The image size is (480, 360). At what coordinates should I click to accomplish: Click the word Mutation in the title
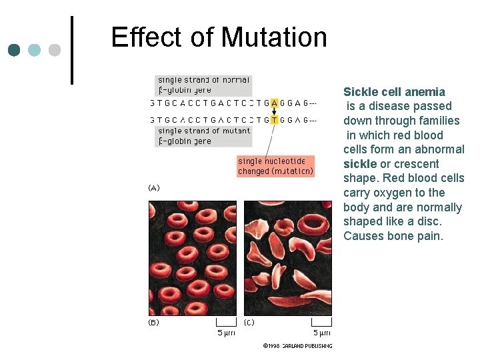pyautogui.click(x=274, y=37)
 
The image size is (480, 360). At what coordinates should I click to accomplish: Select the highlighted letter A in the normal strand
pyautogui.click(x=275, y=103)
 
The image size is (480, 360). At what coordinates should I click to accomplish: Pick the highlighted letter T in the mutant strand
pyautogui.click(x=275, y=120)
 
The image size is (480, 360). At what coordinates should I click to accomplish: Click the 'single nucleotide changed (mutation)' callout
pyautogui.click(x=275, y=166)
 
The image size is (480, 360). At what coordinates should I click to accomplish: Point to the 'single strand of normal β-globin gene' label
pyautogui.click(x=203, y=85)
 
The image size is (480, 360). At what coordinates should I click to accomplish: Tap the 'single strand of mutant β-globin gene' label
pyautogui.click(x=204, y=136)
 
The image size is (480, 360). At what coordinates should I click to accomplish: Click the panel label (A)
pyautogui.click(x=153, y=188)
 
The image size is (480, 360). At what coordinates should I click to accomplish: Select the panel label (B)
pyautogui.click(x=153, y=323)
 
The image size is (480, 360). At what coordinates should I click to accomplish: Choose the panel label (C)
pyautogui.click(x=249, y=323)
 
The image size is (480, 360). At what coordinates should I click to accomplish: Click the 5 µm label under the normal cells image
pyautogui.click(x=225, y=333)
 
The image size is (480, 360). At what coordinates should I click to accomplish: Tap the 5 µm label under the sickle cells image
pyautogui.click(x=321, y=333)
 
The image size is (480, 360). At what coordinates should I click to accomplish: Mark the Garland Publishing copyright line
pyautogui.click(x=297, y=346)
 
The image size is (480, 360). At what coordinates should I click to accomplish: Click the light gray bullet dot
pyautogui.click(x=55, y=50)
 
